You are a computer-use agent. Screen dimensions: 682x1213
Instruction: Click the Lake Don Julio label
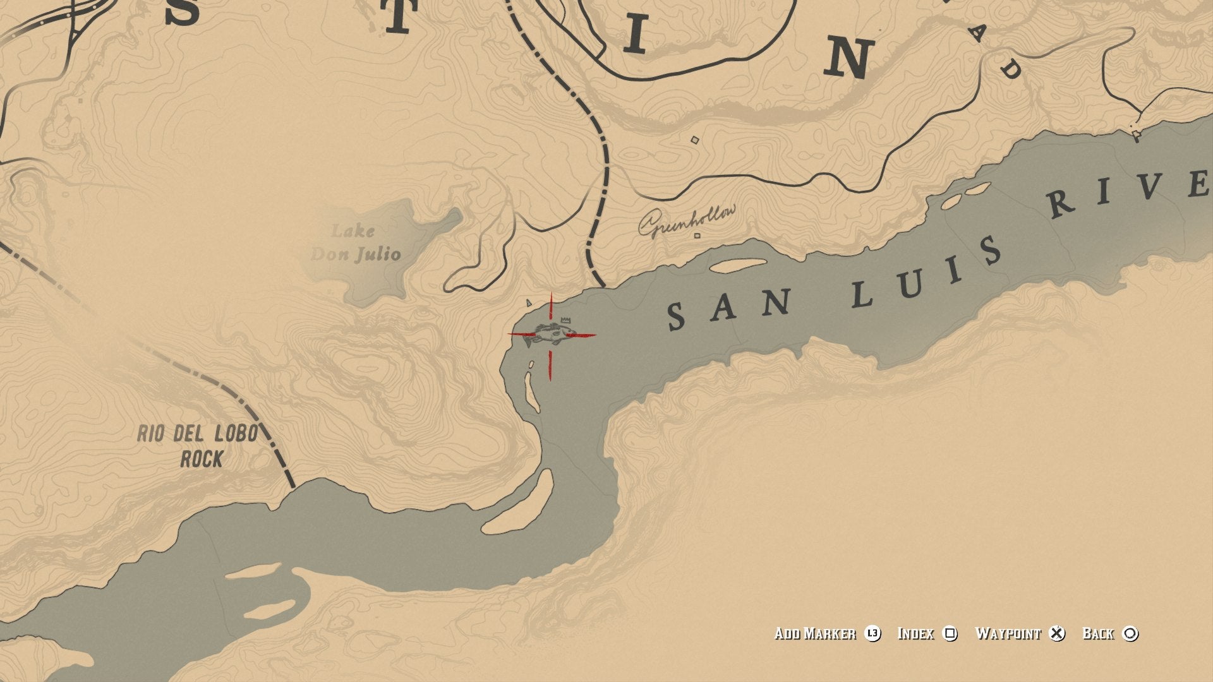coord(356,243)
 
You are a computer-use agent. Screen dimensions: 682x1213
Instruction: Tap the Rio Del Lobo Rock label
coord(198,446)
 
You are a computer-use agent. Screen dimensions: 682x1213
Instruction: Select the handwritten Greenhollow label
coord(687,220)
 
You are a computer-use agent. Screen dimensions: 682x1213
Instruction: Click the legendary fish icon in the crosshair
coord(550,334)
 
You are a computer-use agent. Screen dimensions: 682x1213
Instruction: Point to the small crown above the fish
coord(565,320)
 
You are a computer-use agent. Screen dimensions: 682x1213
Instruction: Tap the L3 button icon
coord(872,633)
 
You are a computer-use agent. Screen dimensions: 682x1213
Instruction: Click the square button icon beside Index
coord(950,633)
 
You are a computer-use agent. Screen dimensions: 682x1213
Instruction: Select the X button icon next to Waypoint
coord(1057,633)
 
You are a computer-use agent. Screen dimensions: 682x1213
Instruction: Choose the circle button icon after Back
coord(1130,633)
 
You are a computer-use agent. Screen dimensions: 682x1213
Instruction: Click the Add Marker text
coord(815,633)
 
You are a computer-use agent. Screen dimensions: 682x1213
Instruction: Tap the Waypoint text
coord(1008,633)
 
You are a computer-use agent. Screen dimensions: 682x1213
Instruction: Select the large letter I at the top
coord(635,35)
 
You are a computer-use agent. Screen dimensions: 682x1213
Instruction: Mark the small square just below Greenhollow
coord(697,236)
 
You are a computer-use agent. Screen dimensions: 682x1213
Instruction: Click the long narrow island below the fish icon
coord(532,392)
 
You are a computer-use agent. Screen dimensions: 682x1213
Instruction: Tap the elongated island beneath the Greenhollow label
coord(738,265)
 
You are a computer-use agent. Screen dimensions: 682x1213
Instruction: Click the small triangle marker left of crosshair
coord(529,303)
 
